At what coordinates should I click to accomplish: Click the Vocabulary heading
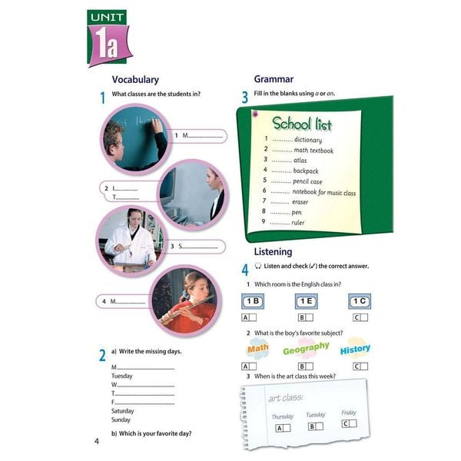(x=135, y=79)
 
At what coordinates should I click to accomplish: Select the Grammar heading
(x=274, y=79)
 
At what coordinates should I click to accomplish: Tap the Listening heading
(x=273, y=251)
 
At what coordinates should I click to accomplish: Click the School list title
(x=301, y=124)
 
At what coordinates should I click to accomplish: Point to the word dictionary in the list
(x=307, y=140)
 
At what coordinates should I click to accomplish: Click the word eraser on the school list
(x=300, y=202)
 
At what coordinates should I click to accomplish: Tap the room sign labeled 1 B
(x=252, y=301)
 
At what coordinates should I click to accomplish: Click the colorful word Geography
(x=305, y=350)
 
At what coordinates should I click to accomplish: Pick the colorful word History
(x=355, y=348)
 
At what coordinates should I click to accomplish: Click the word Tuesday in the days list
(x=122, y=376)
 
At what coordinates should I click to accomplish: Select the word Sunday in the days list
(x=121, y=420)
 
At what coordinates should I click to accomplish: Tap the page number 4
(x=97, y=440)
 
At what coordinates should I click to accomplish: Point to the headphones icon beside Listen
(x=257, y=266)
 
